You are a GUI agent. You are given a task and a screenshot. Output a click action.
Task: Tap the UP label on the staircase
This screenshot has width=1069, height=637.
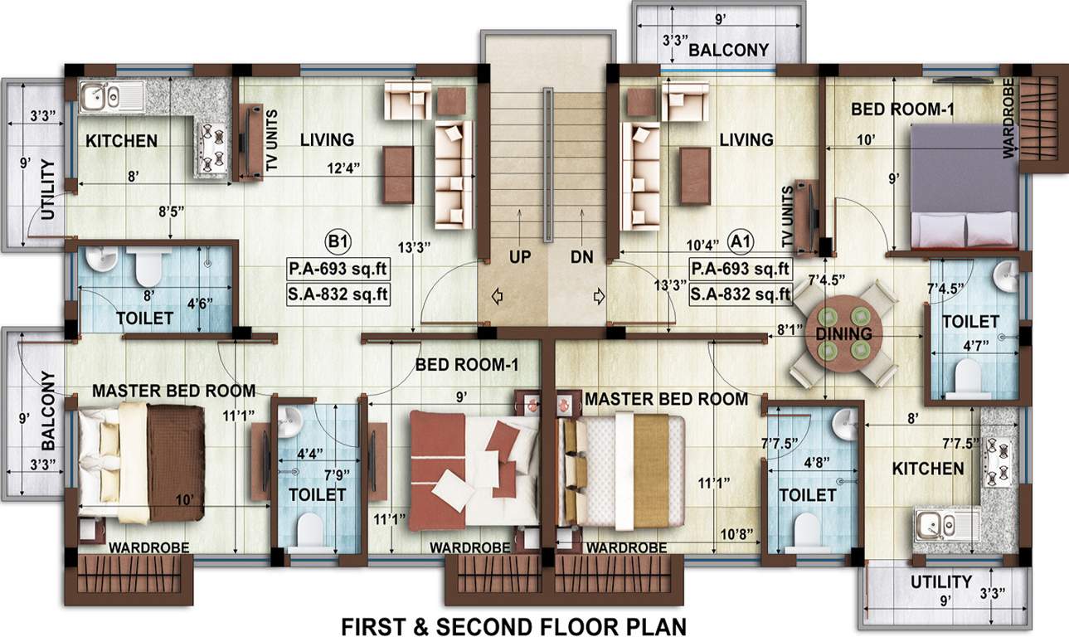click(520, 257)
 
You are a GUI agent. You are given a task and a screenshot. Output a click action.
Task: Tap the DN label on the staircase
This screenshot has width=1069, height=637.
click(581, 257)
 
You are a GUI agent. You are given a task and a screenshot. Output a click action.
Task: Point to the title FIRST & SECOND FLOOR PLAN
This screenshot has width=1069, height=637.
click(514, 625)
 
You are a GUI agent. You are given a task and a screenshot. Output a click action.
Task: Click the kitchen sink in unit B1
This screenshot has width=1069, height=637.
click(111, 96)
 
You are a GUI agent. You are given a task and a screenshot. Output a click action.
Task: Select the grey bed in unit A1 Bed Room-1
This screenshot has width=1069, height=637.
click(963, 186)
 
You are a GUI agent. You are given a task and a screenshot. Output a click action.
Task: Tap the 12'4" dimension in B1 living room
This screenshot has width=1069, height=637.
click(343, 169)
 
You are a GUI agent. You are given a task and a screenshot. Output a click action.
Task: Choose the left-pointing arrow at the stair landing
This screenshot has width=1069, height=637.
click(497, 294)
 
